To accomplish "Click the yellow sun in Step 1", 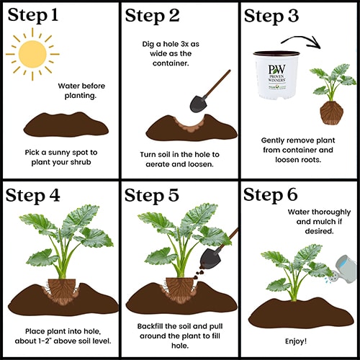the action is coord(32,54).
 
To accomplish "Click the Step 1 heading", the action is coord(33,15).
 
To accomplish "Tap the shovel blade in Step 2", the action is coord(199,104).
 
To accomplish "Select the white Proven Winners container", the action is coord(276,75).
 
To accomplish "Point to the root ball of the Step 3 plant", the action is coord(331,112).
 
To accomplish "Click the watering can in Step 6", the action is coord(343,269).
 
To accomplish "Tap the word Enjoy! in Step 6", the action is coord(296,341).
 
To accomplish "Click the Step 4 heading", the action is coord(32,196).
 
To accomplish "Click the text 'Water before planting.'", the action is coord(81,91).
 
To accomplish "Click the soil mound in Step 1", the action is coord(66,125).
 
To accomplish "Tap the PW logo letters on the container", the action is coord(276,69).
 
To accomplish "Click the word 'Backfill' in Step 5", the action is coord(150,326).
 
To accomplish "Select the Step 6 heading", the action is coord(271,194).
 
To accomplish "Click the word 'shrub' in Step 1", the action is coord(80,162).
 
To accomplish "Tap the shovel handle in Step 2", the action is coord(217,84).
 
